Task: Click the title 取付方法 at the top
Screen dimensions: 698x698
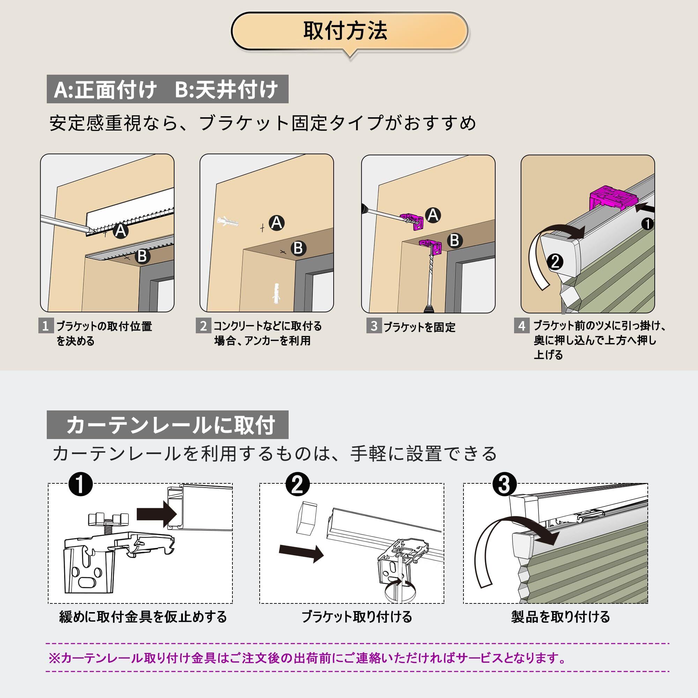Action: [345, 31]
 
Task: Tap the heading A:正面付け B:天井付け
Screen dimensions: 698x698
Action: [167, 89]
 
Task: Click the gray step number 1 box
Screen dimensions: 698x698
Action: [45, 326]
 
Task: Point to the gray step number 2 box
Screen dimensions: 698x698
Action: [203, 326]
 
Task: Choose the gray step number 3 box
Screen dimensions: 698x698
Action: [374, 326]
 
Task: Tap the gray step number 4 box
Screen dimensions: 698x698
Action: [522, 326]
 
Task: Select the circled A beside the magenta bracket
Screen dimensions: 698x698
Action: [433, 215]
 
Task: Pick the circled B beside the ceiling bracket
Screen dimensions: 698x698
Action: [454, 240]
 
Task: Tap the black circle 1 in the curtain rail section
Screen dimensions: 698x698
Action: [81, 484]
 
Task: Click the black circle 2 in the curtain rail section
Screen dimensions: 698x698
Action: [297, 484]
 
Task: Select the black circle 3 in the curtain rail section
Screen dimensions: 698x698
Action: [504, 484]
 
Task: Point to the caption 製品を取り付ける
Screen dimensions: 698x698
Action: [560, 617]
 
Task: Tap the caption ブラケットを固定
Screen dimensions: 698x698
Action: [419, 327]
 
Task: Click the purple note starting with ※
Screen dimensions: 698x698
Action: [307, 658]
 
